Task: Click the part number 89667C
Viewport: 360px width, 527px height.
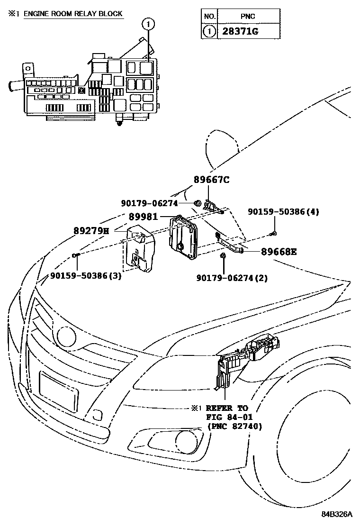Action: click(x=211, y=180)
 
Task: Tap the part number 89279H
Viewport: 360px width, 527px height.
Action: click(x=91, y=231)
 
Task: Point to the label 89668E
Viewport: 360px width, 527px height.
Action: click(x=279, y=252)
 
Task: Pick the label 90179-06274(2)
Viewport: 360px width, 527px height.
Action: click(x=232, y=278)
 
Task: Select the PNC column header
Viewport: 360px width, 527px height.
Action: click(x=247, y=17)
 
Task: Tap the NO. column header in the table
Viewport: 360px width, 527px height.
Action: click(x=209, y=17)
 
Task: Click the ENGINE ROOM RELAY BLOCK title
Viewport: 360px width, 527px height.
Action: click(x=73, y=14)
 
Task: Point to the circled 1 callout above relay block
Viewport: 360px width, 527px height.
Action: click(x=148, y=22)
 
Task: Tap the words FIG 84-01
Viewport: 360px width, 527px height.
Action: click(x=226, y=417)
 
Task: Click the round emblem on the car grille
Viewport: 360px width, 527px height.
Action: click(x=66, y=336)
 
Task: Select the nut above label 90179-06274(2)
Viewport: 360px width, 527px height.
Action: click(x=223, y=256)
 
